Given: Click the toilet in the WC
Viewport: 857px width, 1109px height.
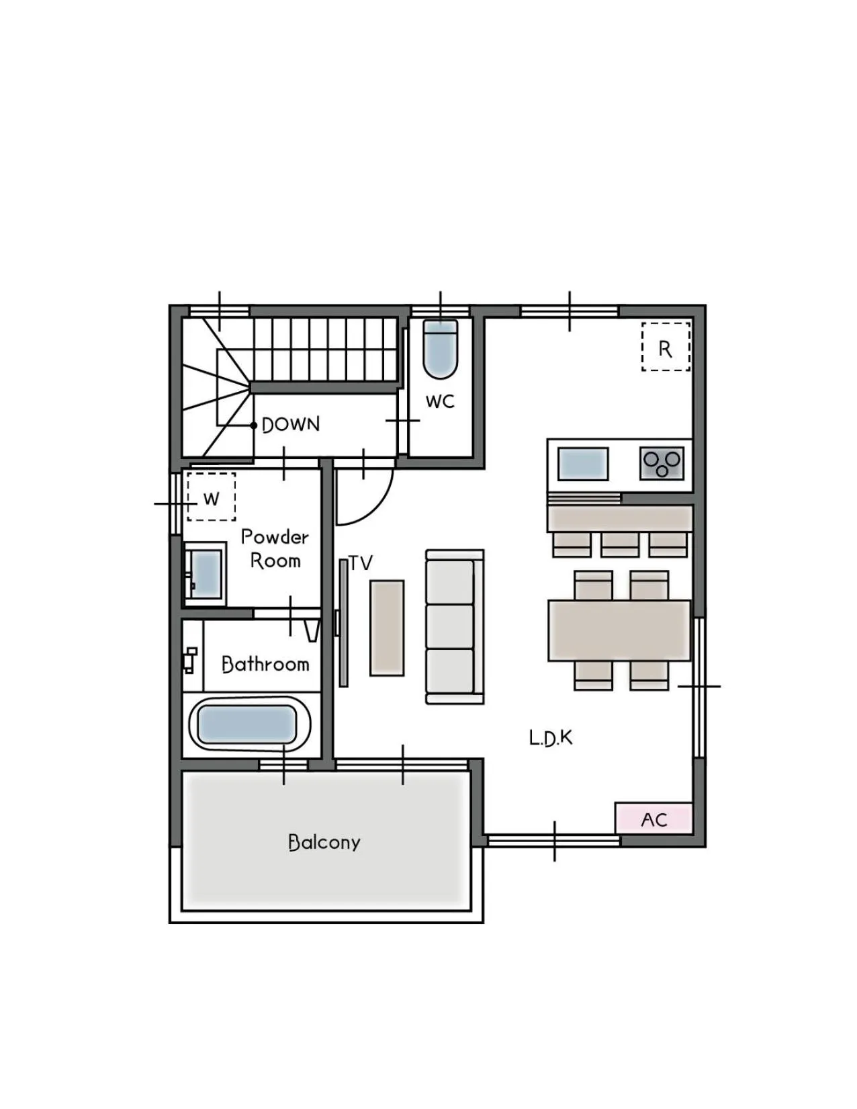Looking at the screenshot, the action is [440, 349].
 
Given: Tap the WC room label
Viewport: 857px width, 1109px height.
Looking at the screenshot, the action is [439, 402].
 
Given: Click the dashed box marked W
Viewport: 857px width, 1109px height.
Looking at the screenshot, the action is [211, 497].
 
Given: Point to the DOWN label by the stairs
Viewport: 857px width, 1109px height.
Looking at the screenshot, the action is [291, 425].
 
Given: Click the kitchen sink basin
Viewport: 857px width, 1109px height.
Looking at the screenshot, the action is [583, 464].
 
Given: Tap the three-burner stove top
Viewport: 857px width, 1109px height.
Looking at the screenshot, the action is [662, 463].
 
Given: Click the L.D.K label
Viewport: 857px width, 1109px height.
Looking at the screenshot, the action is [551, 737].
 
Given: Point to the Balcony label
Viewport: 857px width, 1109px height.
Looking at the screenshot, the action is [324, 842].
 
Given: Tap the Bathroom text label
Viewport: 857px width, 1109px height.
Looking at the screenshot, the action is [265, 664].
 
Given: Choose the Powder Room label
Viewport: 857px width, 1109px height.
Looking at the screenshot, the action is [275, 548].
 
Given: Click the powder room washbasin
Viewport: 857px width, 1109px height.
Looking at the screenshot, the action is [205, 574].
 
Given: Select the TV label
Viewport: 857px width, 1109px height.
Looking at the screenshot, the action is [361, 563].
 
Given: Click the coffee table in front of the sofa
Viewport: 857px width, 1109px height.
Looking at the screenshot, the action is [387, 628].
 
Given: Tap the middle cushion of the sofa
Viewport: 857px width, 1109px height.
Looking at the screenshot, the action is [450, 626].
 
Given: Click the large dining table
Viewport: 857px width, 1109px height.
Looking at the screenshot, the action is [619, 631].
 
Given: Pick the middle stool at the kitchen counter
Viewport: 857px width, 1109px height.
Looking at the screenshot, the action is [620, 544].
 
